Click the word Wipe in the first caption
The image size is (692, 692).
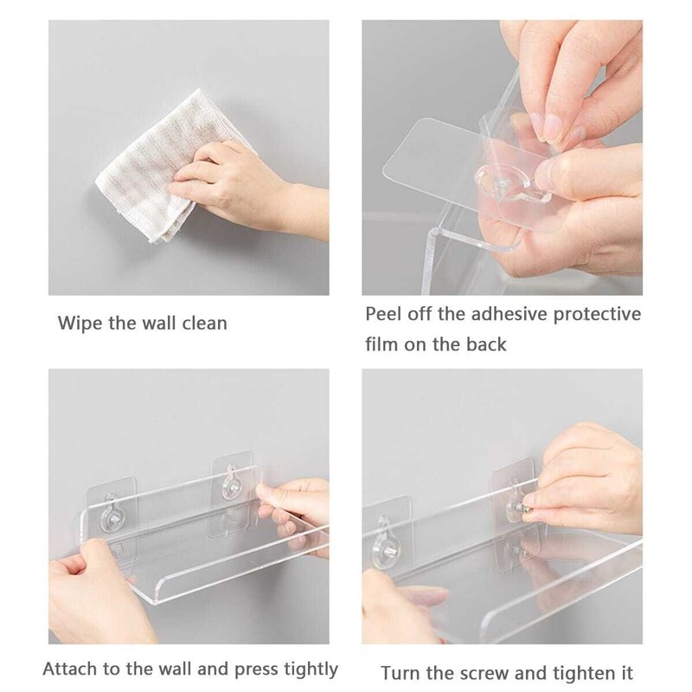(x=80, y=323)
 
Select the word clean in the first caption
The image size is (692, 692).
(x=205, y=323)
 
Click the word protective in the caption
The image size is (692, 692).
(x=597, y=315)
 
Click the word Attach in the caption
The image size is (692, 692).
(x=70, y=669)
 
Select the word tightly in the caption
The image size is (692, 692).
(x=311, y=670)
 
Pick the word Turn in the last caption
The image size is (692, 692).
(x=401, y=674)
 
